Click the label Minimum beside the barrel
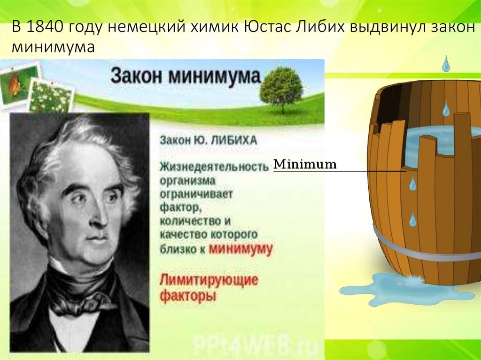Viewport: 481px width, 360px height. (x=305, y=165)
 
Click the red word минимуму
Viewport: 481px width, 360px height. (x=240, y=248)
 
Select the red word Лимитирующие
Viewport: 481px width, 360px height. (x=209, y=280)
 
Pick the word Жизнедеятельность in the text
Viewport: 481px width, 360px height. (x=214, y=166)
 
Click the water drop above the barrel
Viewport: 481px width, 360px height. (x=446, y=64)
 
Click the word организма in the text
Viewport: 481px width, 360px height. (x=187, y=180)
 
